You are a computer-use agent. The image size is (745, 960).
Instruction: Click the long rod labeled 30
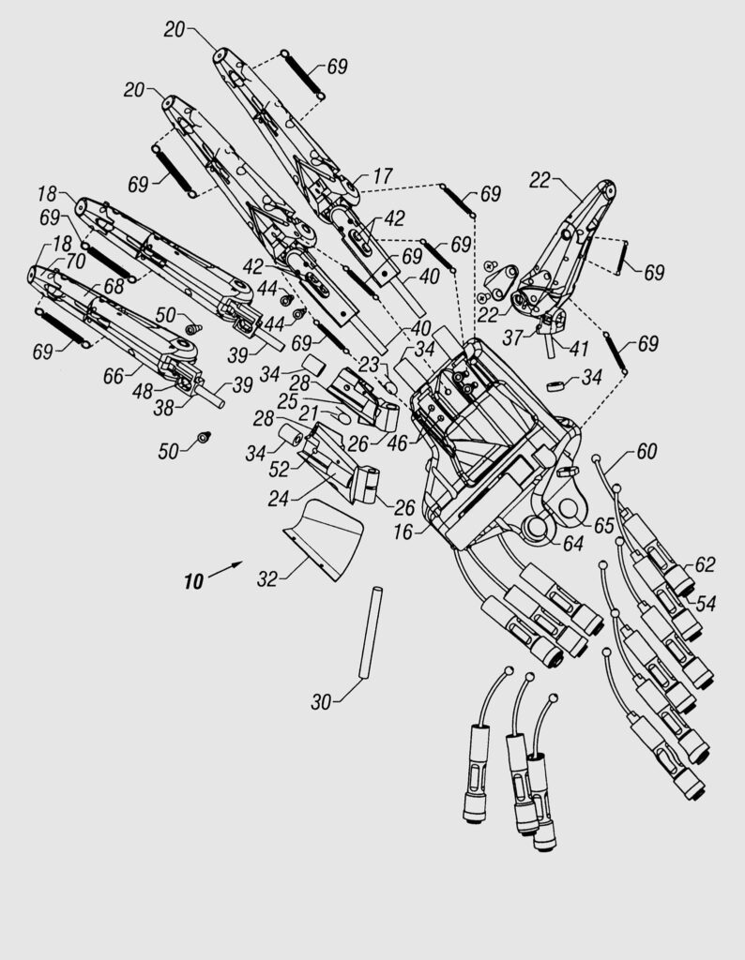371,633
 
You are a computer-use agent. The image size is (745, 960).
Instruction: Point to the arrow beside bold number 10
225,569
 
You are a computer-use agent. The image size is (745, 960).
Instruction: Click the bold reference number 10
193,581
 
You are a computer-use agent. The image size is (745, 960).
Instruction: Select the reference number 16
403,532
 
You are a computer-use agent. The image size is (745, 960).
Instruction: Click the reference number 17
382,176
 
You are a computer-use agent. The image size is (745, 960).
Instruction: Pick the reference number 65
603,525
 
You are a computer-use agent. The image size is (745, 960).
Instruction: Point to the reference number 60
646,451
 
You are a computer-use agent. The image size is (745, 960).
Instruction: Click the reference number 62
705,563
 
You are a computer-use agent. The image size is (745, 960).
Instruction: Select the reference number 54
706,604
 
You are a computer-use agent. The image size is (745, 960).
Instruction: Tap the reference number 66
114,376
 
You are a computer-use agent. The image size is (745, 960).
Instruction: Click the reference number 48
143,391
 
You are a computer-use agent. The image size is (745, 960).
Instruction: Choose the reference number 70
75,262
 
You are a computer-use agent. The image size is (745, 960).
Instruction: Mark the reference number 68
114,286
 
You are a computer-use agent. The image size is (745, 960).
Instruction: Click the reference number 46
397,443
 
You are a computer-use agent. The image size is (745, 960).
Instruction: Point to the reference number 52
279,469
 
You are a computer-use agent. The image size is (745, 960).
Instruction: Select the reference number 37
512,337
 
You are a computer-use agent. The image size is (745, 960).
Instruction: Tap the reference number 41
578,349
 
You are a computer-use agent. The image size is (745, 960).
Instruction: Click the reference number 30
321,701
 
